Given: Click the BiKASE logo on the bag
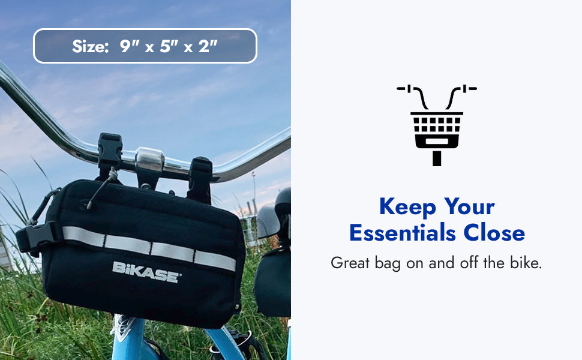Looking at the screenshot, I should tap(146, 271).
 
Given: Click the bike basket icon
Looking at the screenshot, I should tap(437, 125).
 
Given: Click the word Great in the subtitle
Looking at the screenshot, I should tap(349, 263).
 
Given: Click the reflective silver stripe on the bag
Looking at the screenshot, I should tap(150, 248).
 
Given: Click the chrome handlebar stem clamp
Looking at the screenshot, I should tap(149, 160).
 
